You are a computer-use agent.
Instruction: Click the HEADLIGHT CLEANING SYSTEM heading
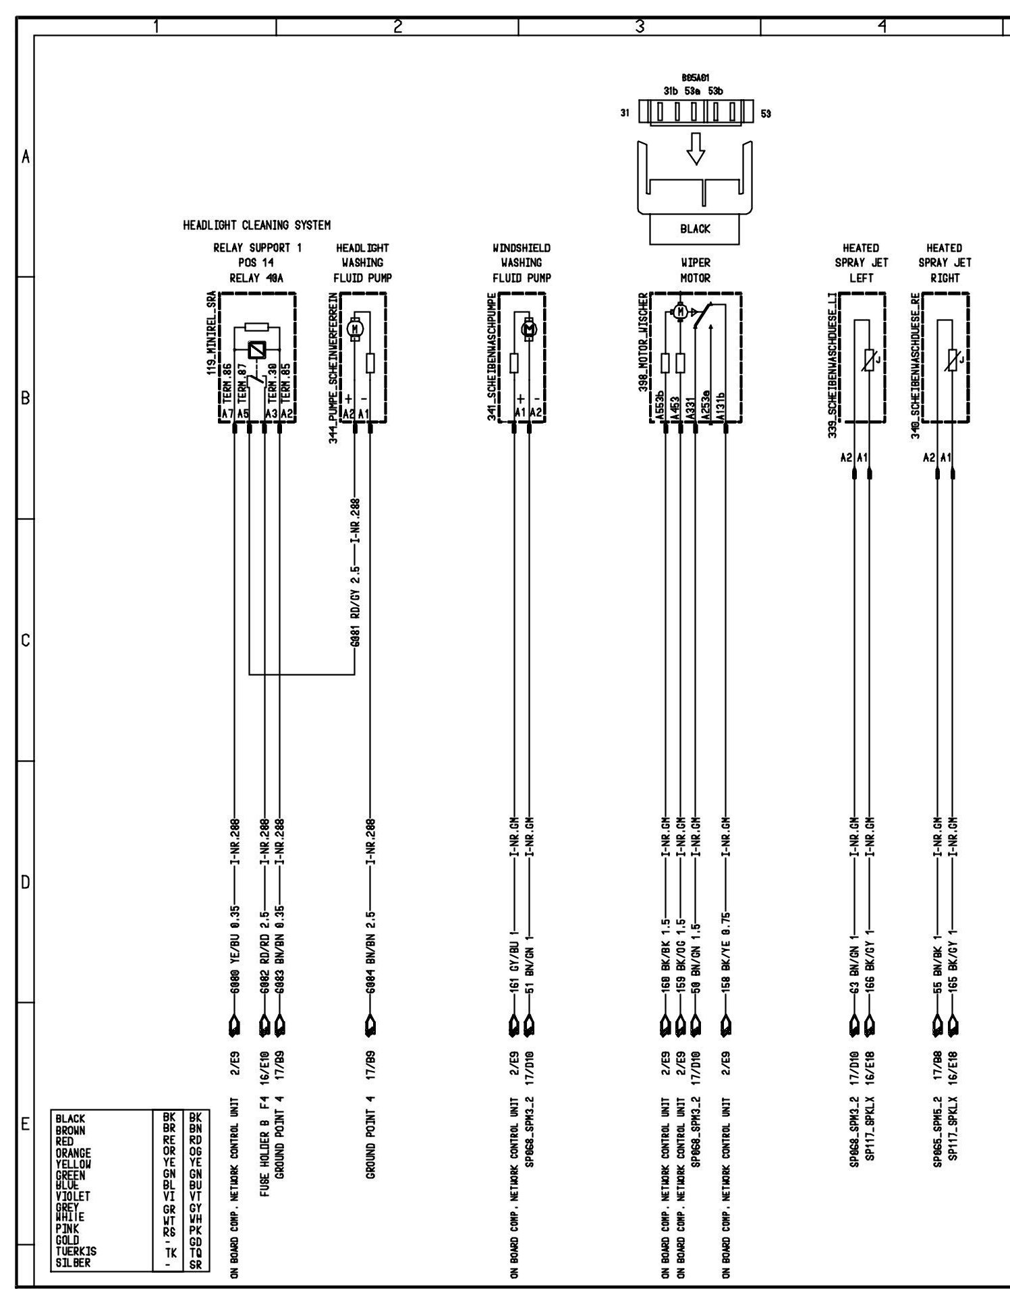tap(256, 225)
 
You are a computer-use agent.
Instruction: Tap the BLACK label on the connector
tap(695, 229)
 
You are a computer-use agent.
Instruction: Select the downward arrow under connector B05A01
tap(695, 148)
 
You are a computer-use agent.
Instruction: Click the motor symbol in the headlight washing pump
tap(356, 328)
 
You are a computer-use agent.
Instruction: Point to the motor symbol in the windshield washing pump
tap(529, 328)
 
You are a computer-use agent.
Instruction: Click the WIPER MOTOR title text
tap(695, 270)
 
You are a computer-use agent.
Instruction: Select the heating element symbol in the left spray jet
tap(869, 361)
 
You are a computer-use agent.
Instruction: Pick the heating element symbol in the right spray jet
tap(953, 361)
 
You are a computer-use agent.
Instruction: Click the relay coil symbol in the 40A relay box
tap(257, 350)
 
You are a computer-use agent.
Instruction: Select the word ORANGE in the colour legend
tap(74, 1153)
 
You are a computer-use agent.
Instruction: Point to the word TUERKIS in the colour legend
tap(76, 1251)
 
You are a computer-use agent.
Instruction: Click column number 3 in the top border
tap(640, 27)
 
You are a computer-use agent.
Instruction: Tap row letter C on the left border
tap(25, 640)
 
